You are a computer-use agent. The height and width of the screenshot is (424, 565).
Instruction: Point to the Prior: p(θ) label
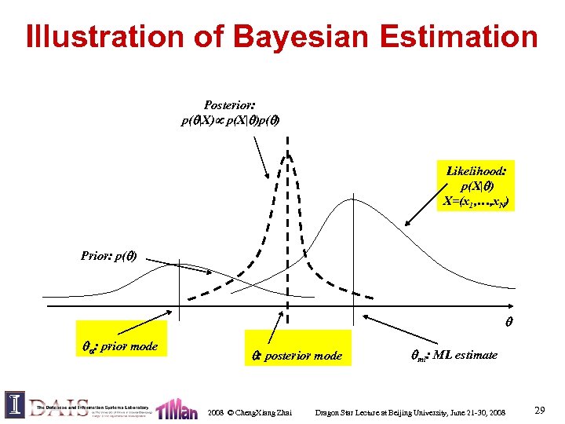[x=110, y=255]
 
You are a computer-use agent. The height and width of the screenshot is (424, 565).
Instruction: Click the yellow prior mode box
[x=121, y=338]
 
